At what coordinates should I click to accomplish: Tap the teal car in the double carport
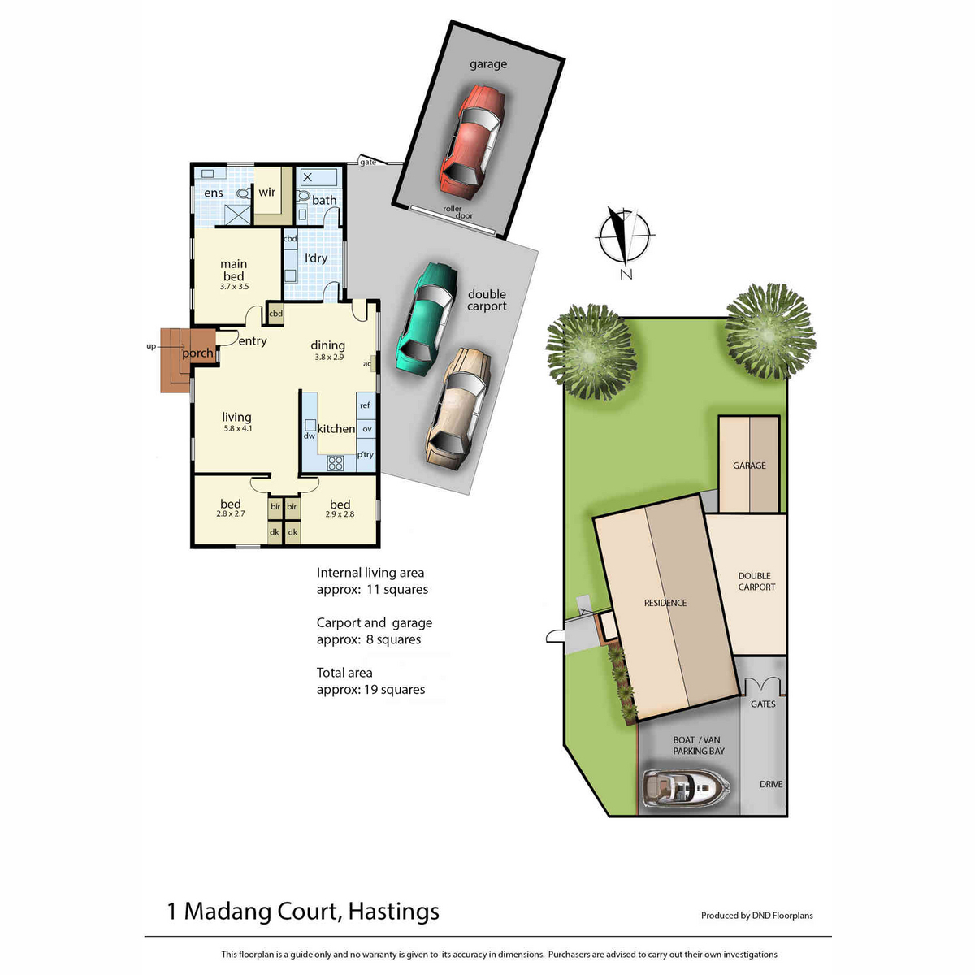[427, 318]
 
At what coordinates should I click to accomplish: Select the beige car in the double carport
[458, 409]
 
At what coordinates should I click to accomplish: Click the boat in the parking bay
[686, 787]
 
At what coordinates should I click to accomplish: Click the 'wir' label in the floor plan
[266, 192]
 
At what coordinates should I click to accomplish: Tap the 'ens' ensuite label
[214, 193]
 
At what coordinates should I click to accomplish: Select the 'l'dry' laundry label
[316, 258]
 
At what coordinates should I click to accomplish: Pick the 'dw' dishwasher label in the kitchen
[309, 435]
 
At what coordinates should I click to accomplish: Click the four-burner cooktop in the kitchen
[336, 463]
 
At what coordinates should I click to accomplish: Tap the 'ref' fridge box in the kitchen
[366, 405]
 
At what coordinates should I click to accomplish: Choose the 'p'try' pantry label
[366, 454]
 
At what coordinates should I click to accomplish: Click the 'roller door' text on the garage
[458, 212]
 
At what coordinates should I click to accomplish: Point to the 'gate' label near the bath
[368, 162]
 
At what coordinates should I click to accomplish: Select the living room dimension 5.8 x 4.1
[238, 428]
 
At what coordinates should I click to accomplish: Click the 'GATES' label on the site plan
[762, 704]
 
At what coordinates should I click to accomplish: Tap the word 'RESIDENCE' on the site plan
[665, 603]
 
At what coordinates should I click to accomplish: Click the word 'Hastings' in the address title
[393, 911]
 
